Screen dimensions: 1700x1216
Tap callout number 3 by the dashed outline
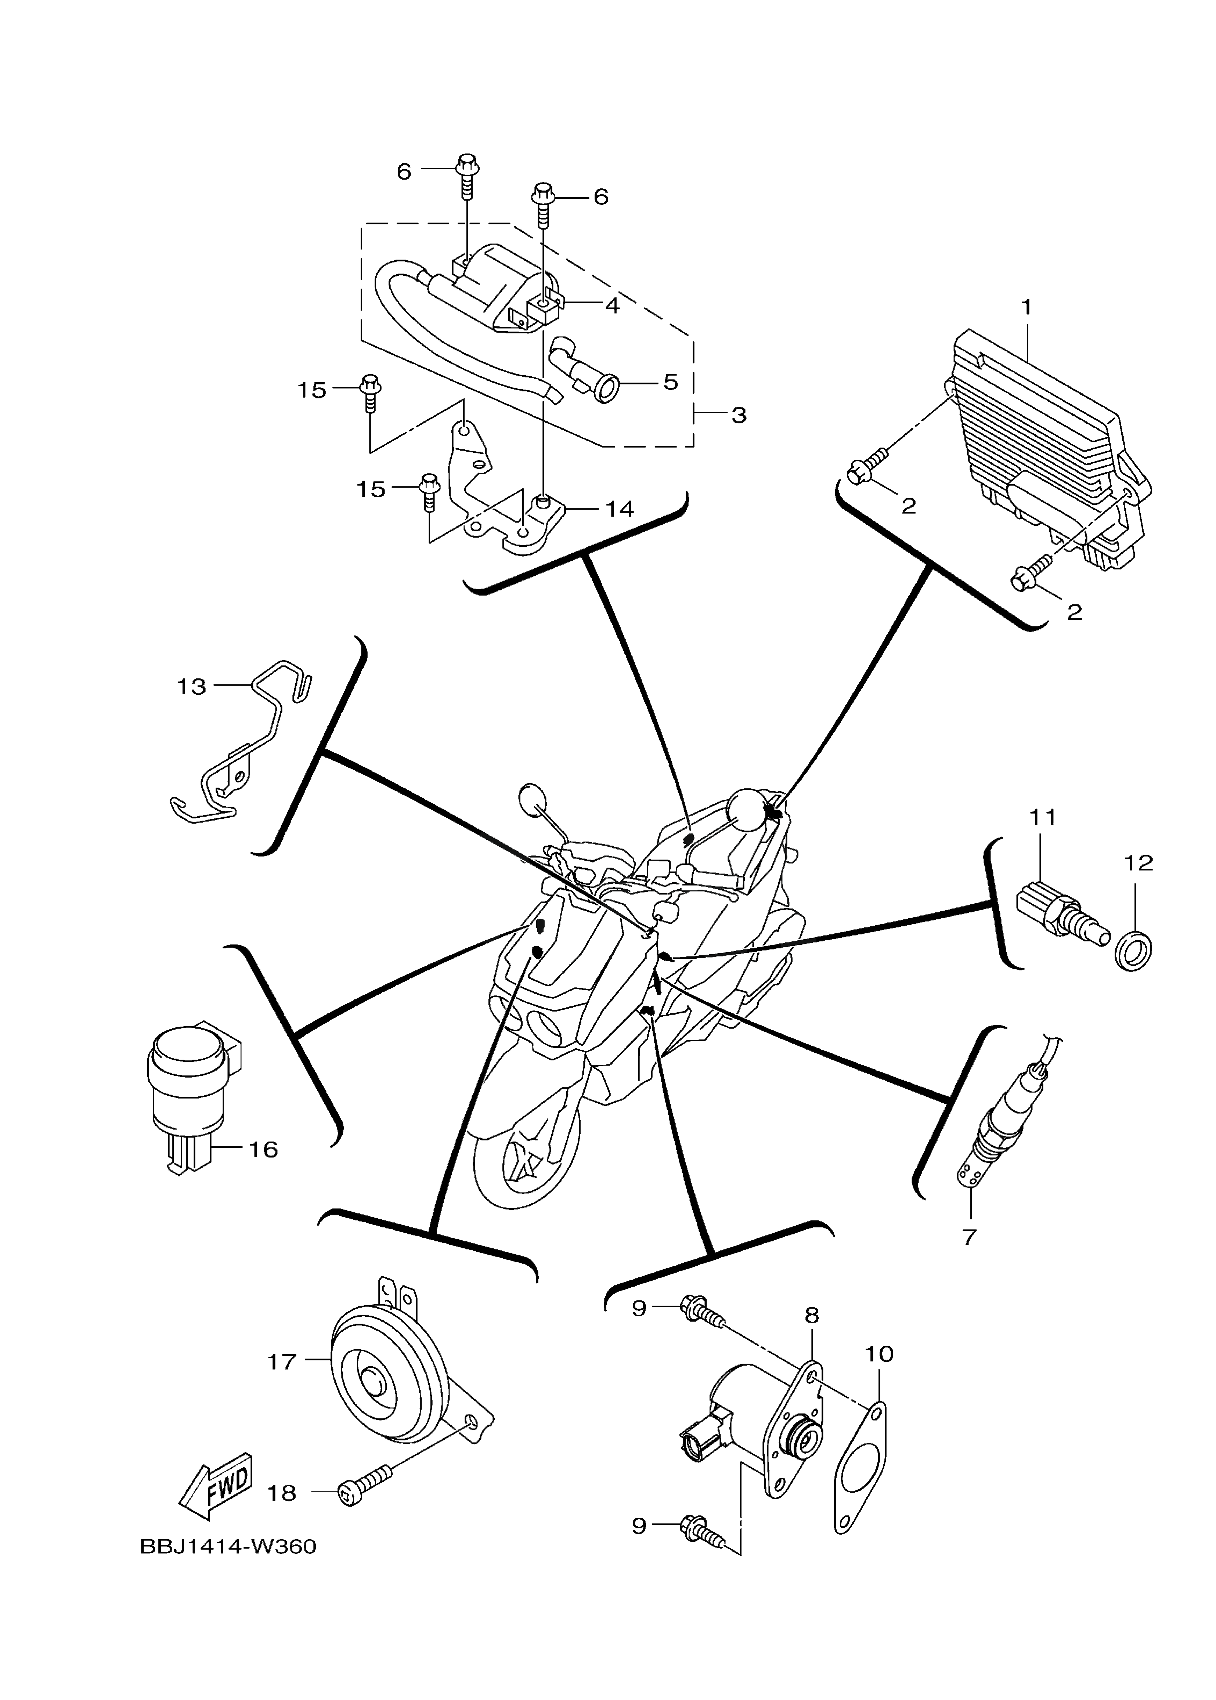coord(739,415)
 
